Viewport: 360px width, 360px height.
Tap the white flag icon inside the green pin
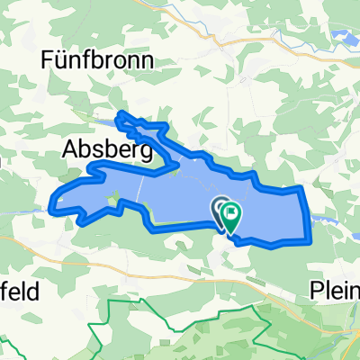tap(232, 213)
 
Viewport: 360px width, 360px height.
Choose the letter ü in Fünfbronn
tap(62, 60)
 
